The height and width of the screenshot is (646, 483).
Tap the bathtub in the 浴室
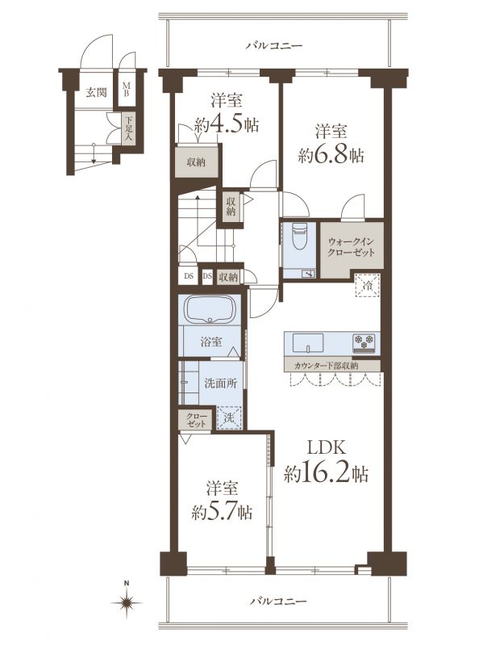point(210,310)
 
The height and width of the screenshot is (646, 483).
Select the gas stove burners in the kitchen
point(364,342)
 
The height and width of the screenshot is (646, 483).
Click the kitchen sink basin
point(308,342)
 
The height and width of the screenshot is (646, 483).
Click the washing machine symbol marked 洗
point(229,417)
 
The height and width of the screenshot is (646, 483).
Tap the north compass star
point(127,602)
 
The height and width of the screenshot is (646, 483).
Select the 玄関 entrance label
point(96,92)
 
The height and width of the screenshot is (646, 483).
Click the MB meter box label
point(127,90)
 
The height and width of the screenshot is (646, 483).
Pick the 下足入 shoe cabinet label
point(129,129)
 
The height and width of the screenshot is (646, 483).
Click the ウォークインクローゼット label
point(351,247)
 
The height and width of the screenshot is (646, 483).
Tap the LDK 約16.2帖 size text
point(326,462)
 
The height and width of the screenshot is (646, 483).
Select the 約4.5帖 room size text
point(227,124)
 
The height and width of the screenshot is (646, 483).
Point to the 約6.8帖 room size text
point(331,155)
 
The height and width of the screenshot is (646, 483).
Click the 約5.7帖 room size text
point(223,513)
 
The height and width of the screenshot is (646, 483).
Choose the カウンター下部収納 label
point(327,366)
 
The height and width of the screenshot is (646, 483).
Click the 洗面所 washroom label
point(221,383)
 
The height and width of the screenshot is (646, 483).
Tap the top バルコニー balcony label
point(274,45)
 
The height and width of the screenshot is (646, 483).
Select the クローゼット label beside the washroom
point(196,419)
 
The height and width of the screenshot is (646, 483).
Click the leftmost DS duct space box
point(189,276)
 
